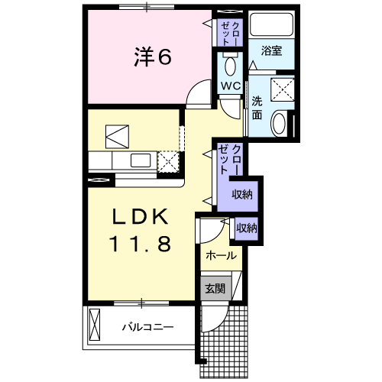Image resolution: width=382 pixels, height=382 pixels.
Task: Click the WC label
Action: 230,84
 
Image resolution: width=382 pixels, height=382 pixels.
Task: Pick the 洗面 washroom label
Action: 257,108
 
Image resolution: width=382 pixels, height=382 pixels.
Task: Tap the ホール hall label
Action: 221,255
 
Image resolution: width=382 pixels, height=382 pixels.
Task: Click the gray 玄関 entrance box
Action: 213,288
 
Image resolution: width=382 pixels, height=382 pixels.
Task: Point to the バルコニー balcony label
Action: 147,327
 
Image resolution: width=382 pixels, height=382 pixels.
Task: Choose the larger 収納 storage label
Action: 242,194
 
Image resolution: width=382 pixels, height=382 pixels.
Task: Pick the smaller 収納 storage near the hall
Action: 246,227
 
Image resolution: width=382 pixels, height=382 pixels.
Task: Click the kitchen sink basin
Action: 140,160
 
